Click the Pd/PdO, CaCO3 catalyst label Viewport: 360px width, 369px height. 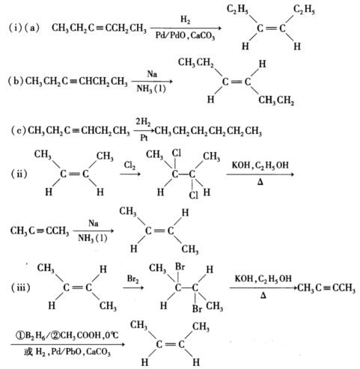click(x=185, y=36)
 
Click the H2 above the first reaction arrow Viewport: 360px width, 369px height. click(x=185, y=19)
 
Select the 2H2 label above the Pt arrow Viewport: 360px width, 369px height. click(x=143, y=122)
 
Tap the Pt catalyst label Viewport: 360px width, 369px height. click(x=144, y=137)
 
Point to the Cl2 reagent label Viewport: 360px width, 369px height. click(x=130, y=165)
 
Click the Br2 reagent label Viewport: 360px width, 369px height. click(x=132, y=278)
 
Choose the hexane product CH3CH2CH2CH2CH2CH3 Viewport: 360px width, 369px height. click(x=208, y=131)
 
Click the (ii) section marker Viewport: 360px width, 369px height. click(x=19, y=174)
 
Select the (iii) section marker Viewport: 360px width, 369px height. click(x=21, y=287)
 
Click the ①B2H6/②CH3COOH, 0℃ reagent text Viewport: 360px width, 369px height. click(x=67, y=335)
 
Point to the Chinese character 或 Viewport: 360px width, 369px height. click(x=28, y=352)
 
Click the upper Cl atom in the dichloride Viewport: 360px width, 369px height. click(x=177, y=153)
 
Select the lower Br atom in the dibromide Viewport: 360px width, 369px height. click(x=197, y=308)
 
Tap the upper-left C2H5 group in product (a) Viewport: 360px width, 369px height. click(x=237, y=10)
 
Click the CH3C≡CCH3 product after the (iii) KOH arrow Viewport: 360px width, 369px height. click(x=326, y=288)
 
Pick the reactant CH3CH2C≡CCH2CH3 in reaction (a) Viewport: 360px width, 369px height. click(x=99, y=28)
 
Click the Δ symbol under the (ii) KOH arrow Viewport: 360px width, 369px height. click(x=260, y=183)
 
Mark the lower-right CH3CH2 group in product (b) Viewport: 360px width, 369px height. click(x=276, y=100)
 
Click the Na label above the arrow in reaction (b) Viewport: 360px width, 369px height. click(x=152, y=74)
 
